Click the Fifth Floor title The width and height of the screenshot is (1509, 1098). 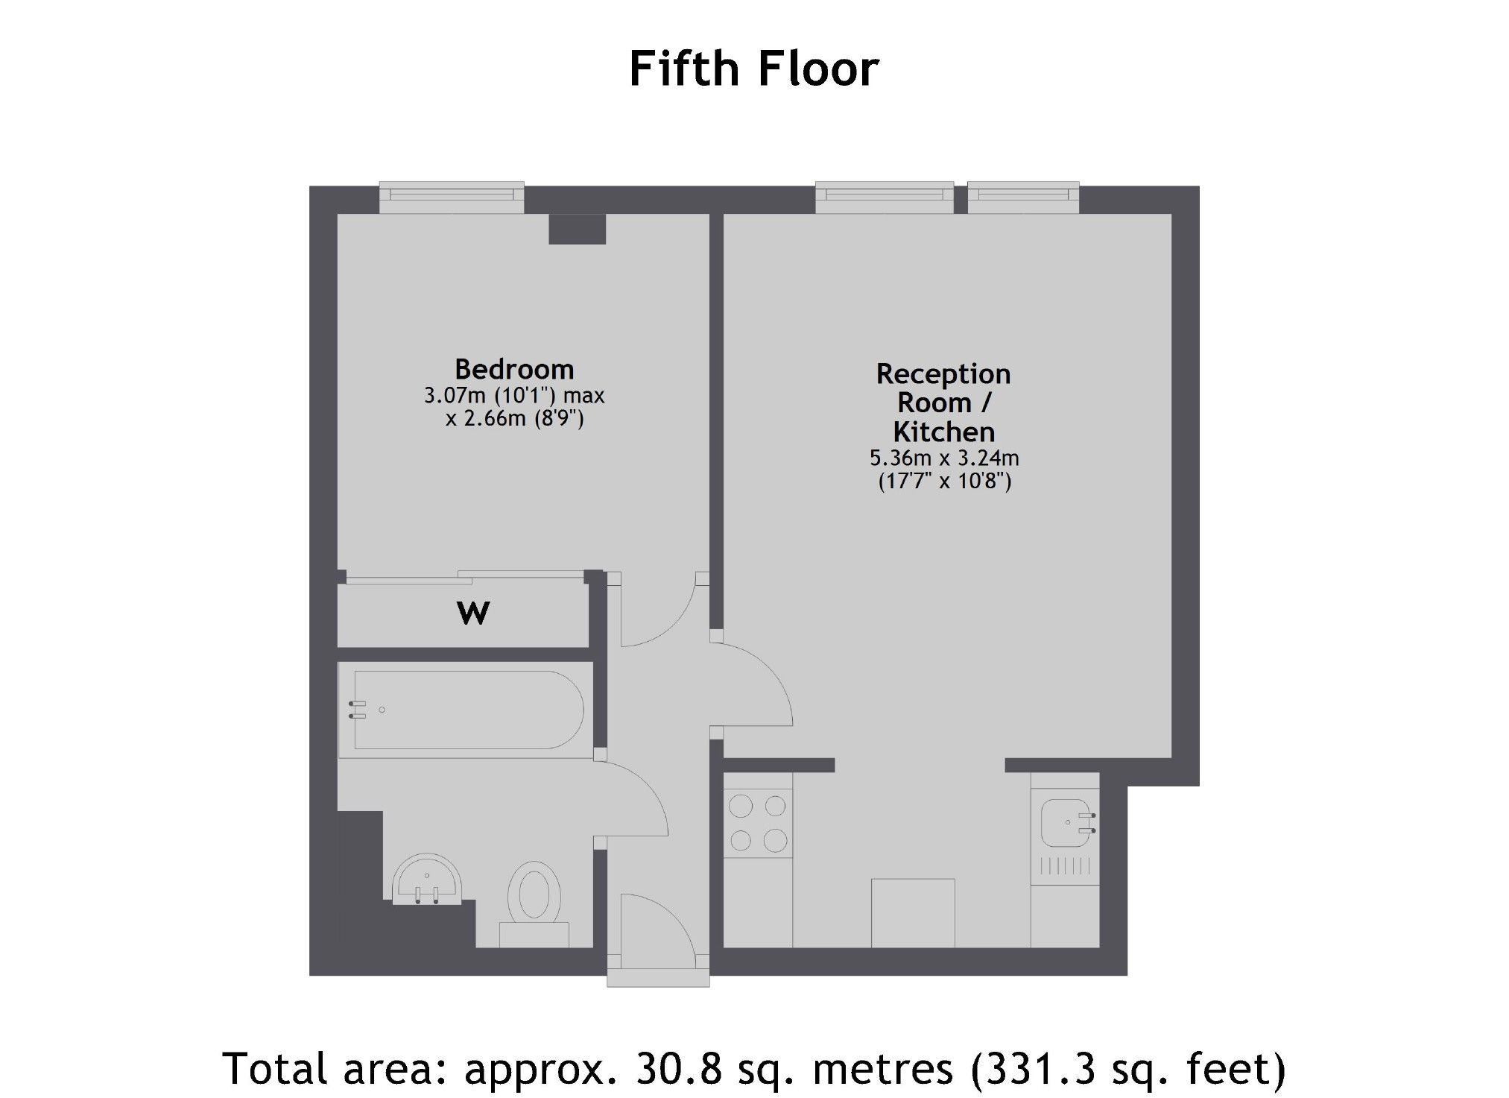click(x=753, y=69)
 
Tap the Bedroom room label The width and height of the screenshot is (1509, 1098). click(x=514, y=369)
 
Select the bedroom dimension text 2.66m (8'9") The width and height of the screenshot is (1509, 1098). click(x=514, y=419)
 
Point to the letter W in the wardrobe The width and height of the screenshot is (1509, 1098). click(x=473, y=613)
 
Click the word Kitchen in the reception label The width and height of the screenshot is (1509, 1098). click(x=943, y=432)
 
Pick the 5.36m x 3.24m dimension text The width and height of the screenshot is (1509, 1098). click(x=944, y=457)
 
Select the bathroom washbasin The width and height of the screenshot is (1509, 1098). click(x=427, y=880)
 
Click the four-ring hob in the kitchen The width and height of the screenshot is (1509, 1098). click(x=758, y=823)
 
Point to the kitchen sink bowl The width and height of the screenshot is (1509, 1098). click(x=1064, y=822)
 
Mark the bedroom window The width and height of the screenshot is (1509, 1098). click(x=452, y=198)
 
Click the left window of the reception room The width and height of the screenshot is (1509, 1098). click(x=885, y=198)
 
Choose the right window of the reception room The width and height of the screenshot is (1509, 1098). click(x=1023, y=198)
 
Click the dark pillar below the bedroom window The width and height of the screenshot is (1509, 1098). click(x=577, y=229)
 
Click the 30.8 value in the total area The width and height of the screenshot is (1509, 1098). click(x=678, y=1068)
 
